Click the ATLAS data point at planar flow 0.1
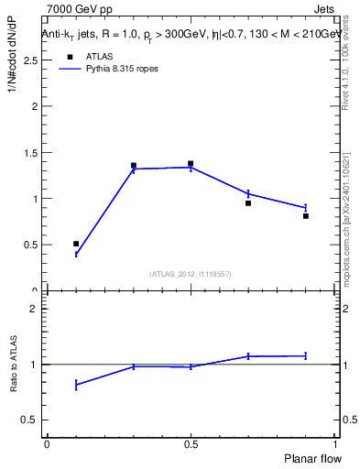pos(76,244)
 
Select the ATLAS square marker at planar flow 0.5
pos(191,164)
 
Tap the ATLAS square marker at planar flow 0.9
pos(306,216)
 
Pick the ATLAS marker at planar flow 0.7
pos(248,203)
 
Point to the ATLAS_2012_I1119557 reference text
pos(191,274)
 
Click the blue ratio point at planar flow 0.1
pos(76,385)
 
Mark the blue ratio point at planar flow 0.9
pos(306,355)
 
